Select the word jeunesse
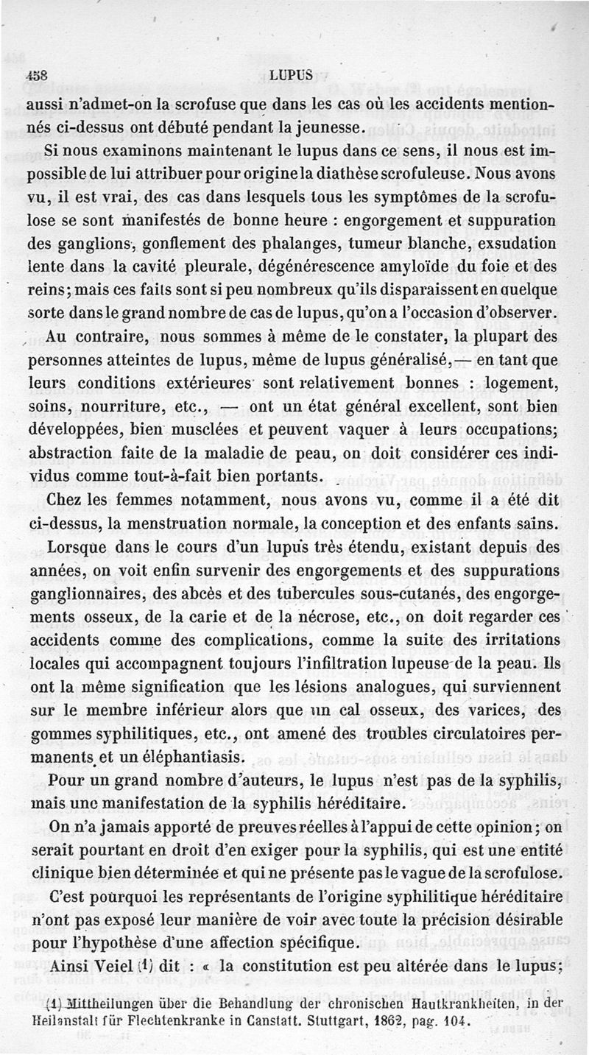coord(325,127)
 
